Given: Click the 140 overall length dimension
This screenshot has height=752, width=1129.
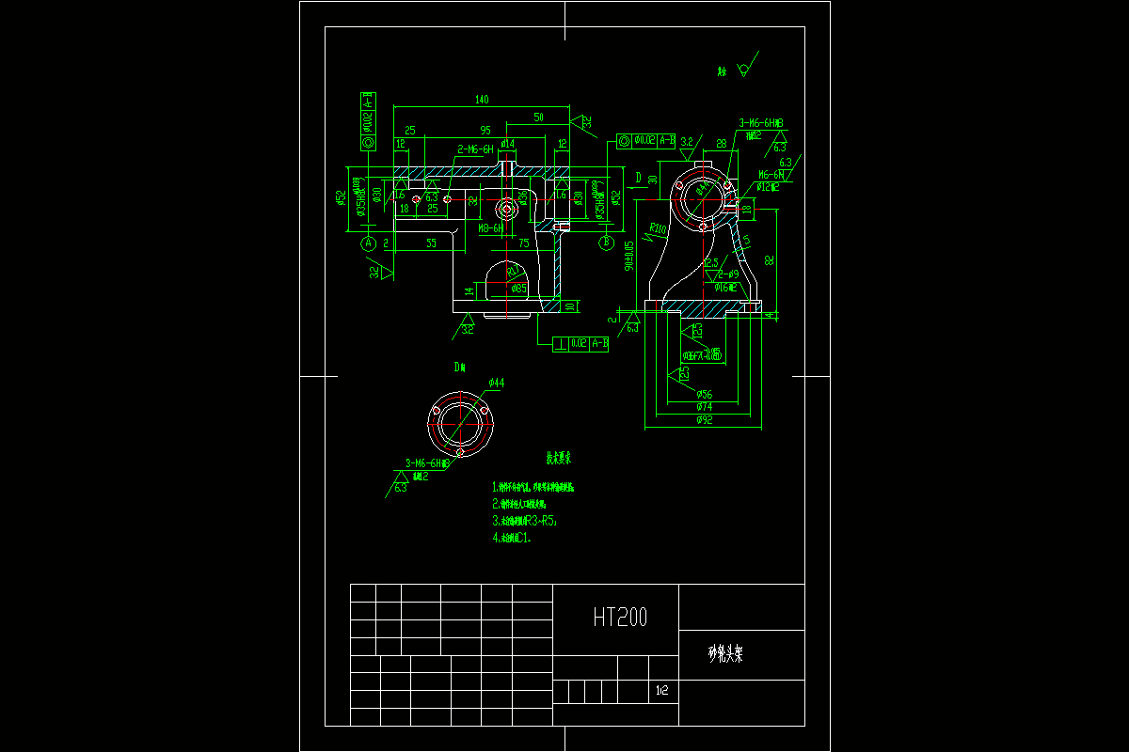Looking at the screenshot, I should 482,99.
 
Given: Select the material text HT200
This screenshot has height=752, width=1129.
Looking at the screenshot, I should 620,617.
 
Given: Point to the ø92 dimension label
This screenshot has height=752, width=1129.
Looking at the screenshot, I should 704,421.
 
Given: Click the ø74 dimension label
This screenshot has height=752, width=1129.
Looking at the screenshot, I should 704,407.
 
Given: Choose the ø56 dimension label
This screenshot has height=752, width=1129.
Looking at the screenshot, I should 704,395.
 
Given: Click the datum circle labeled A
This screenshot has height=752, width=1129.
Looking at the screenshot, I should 369,243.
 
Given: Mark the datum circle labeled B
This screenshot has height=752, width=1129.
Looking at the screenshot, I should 605,243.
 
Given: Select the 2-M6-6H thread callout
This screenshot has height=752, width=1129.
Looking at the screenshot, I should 475,149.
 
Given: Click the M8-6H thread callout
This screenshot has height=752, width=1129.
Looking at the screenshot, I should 489,227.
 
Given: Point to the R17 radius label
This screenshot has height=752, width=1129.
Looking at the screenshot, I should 514,270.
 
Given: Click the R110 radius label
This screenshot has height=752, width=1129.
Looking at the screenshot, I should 658,228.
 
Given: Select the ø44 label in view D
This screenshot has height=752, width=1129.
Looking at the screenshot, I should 496,383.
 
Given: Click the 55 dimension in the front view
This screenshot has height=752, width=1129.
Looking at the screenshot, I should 432,243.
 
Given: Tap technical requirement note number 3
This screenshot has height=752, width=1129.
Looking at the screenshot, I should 525,520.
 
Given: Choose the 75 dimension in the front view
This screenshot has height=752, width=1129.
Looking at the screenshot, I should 524,243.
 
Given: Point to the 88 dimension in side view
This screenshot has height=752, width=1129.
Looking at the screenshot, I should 721,143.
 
